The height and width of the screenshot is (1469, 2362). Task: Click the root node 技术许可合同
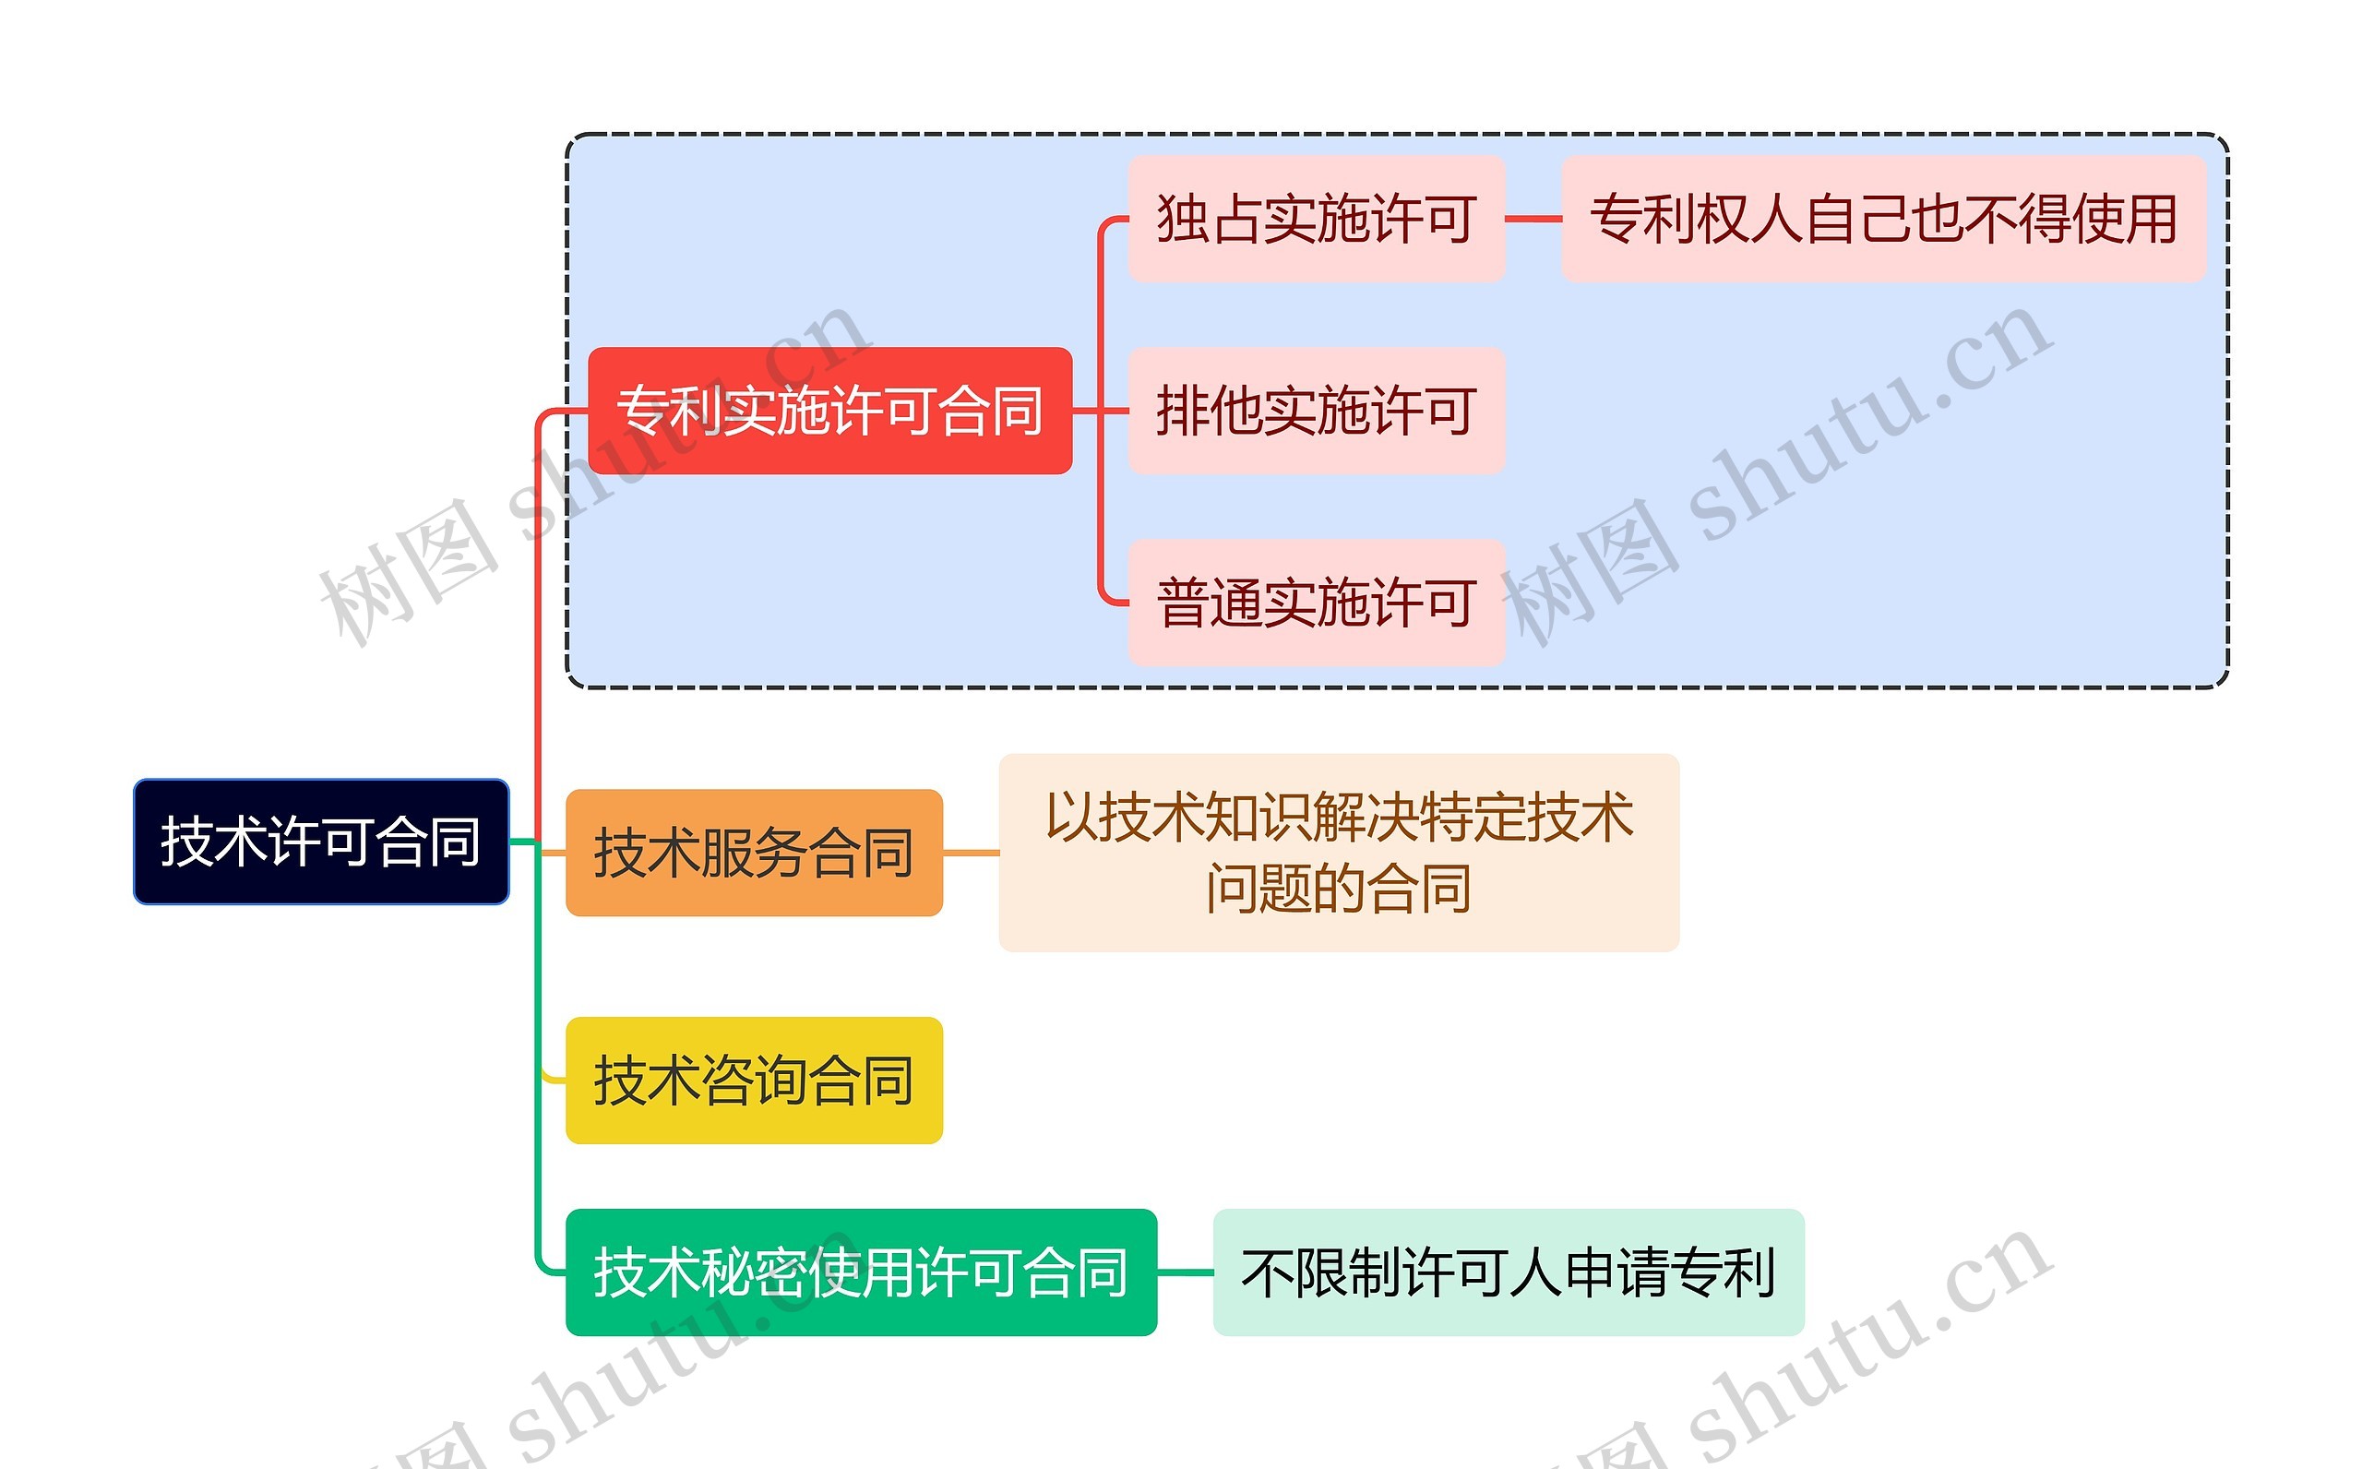click(x=320, y=842)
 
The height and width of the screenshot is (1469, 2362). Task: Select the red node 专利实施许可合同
click(x=829, y=410)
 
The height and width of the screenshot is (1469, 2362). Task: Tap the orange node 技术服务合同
click(x=754, y=852)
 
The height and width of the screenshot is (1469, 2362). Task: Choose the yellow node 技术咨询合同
click(x=754, y=1080)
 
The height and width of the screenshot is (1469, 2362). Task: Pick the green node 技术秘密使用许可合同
click(x=861, y=1272)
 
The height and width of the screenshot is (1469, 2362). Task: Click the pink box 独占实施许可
click(x=1316, y=219)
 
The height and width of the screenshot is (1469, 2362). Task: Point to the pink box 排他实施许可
click(x=1316, y=410)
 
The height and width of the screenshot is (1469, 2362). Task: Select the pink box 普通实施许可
click(x=1316, y=603)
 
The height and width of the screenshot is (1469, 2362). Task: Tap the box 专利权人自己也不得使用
click(x=1883, y=219)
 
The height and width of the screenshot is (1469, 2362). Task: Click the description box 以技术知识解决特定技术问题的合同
click(x=1339, y=852)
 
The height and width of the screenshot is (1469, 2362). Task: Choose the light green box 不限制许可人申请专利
click(x=1509, y=1272)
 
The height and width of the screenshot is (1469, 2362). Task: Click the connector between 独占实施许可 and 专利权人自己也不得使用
click(x=1533, y=219)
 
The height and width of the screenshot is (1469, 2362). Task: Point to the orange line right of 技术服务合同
click(x=971, y=852)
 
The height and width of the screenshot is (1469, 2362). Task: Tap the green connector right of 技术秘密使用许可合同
click(x=1185, y=1272)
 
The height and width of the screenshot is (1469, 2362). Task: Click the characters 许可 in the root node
click(x=320, y=842)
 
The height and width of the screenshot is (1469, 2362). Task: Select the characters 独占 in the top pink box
click(x=1210, y=219)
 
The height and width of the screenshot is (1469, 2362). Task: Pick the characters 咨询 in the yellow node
click(x=754, y=1080)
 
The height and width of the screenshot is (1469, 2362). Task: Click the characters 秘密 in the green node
click(x=754, y=1272)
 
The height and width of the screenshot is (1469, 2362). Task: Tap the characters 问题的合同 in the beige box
click(x=1339, y=889)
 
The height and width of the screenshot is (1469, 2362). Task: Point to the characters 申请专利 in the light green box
click(x=1671, y=1272)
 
